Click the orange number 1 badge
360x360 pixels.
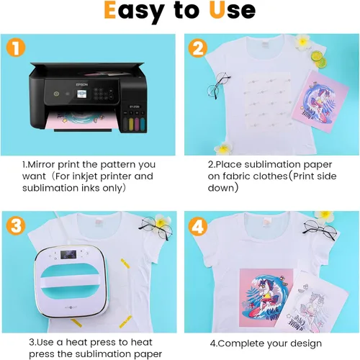(x=16, y=48)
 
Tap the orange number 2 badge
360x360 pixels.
(x=198, y=48)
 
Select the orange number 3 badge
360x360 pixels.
(x=16, y=226)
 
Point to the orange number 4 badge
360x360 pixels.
(x=198, y=226)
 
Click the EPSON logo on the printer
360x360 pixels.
(x=82, y=85)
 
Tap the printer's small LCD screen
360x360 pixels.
(x=82, y=94)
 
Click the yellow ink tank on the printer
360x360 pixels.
(x=131, y=123)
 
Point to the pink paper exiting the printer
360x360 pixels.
(x=81, y=120)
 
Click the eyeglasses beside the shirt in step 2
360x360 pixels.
(x=218, y=85)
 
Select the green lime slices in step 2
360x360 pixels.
(x=319, y=59)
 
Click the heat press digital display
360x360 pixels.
(x=68, y=254)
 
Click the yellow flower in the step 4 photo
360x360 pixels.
(x=324, y=217)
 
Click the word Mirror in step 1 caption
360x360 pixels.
(x=42, y=165)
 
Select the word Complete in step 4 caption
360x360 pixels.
(x=241, y=343)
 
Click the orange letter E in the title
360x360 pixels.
(x=110, y=10)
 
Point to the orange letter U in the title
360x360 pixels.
(x=217, y=10)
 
